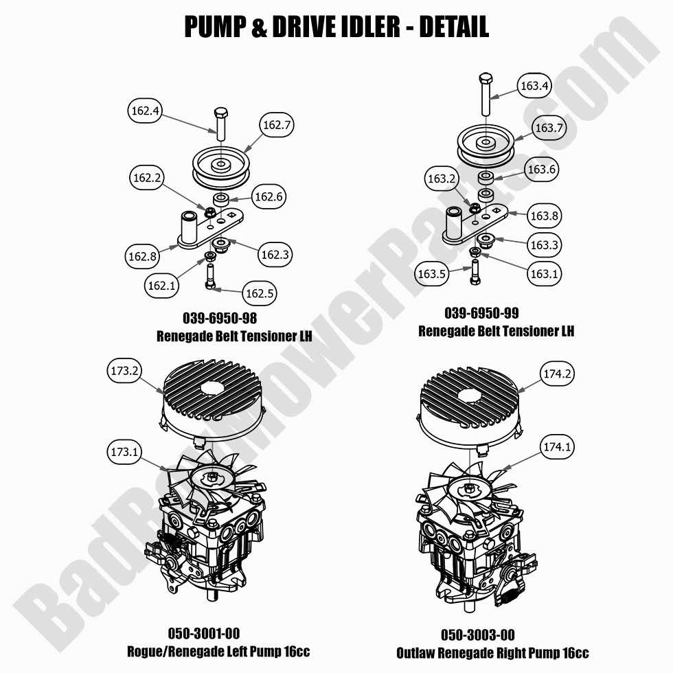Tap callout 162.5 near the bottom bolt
260,294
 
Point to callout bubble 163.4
534,87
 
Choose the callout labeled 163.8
544,216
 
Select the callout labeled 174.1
557,447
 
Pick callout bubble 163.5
433,274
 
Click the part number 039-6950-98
220,319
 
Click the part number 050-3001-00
204,633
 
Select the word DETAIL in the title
453,27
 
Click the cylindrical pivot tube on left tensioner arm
188,226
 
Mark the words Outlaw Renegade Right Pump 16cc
492,652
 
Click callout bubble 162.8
143,256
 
